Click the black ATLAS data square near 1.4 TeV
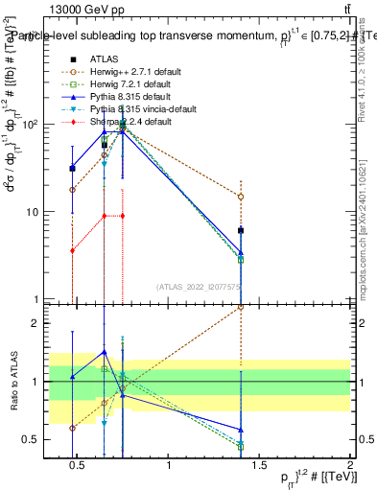[241, 231]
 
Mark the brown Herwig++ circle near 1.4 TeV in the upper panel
[241, 197]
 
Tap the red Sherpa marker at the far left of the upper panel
[73, 250]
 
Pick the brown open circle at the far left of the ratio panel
[73, 428]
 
